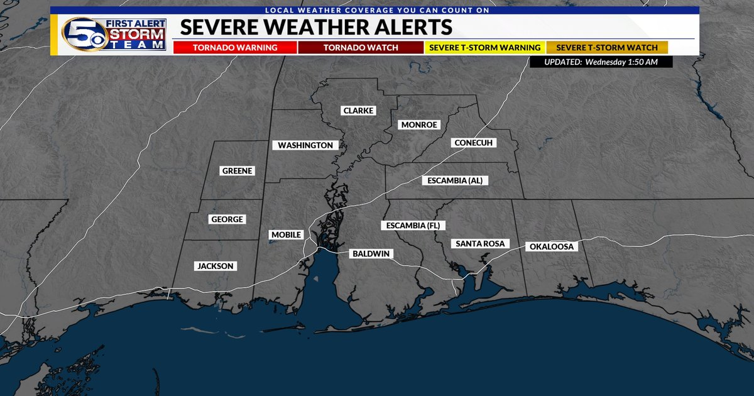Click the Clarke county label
pos(358,111)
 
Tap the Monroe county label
pos(418,124)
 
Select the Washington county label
pos(305,145)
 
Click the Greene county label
pos(237,171)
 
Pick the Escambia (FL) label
pos(412,225)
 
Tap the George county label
pos(227,219)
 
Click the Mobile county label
pos(286,234)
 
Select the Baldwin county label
pos(371,253)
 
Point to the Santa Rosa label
pos(480,243)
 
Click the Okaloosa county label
pos(552,246)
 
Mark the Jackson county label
pos(216,266)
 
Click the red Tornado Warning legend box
pos(234,48)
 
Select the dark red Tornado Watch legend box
pos(361,48)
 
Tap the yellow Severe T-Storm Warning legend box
pos(484,48)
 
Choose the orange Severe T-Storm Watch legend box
pos(607,48)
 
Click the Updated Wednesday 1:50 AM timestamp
pos(601,62)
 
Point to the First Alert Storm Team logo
pos(114,33)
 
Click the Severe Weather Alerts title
pos(316,27)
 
